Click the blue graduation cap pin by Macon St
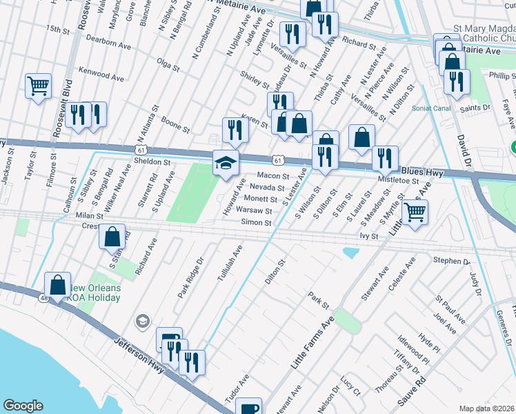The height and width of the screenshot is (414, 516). click(x=226, y=164)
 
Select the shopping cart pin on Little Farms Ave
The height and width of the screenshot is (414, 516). click(x=414, y=213)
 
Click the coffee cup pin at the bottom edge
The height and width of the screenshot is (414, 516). click(x=248, y=408)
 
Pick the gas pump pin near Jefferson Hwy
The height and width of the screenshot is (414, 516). click(x=170, y=340)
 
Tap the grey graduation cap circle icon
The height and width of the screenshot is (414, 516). click(x=143, y=321)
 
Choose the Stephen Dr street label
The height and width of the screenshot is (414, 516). click(x=451, y=261)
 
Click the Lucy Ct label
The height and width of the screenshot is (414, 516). click(x=350, y=386)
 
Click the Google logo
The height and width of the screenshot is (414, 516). click(x=23, y=406)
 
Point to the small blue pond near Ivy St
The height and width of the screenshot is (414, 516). click(x=350, y=253)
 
